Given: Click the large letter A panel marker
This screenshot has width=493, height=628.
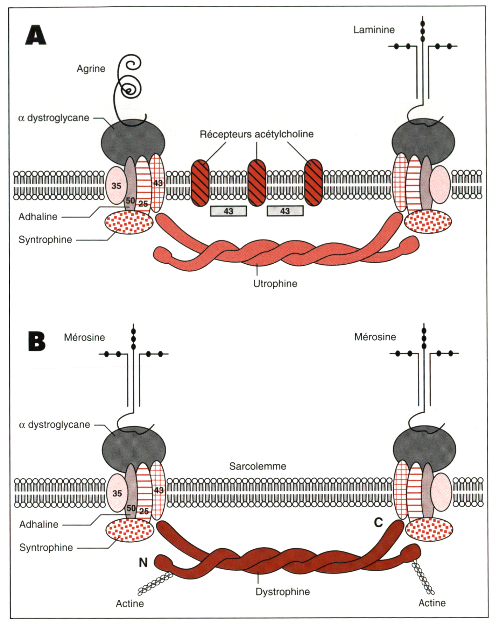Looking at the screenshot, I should click(x=36, y=35).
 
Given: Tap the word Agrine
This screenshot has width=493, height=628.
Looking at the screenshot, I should click(x=91, y=69).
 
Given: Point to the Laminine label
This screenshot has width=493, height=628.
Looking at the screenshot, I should click(x=374, y=30).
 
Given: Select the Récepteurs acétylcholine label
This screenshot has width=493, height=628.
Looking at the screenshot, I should click(x=256, y=134).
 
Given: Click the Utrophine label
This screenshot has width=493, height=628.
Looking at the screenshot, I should click(x=275, y=284).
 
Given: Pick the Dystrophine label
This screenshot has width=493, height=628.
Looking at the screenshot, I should click(x=283, y=592).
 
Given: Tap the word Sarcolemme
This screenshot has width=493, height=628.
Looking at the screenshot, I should click(x=258, y=466).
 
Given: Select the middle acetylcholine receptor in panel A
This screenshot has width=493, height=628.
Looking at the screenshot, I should click(x=256, y=183).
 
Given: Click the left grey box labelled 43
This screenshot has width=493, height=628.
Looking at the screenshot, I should click(x=228, y=211).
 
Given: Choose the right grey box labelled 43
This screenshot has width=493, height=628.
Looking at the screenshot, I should click(x=285, y=211).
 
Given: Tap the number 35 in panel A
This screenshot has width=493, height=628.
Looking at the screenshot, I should click(x=116, y=186).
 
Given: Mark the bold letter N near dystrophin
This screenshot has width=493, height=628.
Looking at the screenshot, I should click(x=143, y=562).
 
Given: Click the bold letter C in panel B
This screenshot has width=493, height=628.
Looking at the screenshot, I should click(x=378, y=523).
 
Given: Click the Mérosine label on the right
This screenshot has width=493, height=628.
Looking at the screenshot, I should click(x=375, y=337).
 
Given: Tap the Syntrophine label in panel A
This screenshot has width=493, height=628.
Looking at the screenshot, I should click(x=45, y=240).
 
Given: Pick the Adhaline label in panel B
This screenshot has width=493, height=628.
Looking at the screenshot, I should click(x=39, y=524).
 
